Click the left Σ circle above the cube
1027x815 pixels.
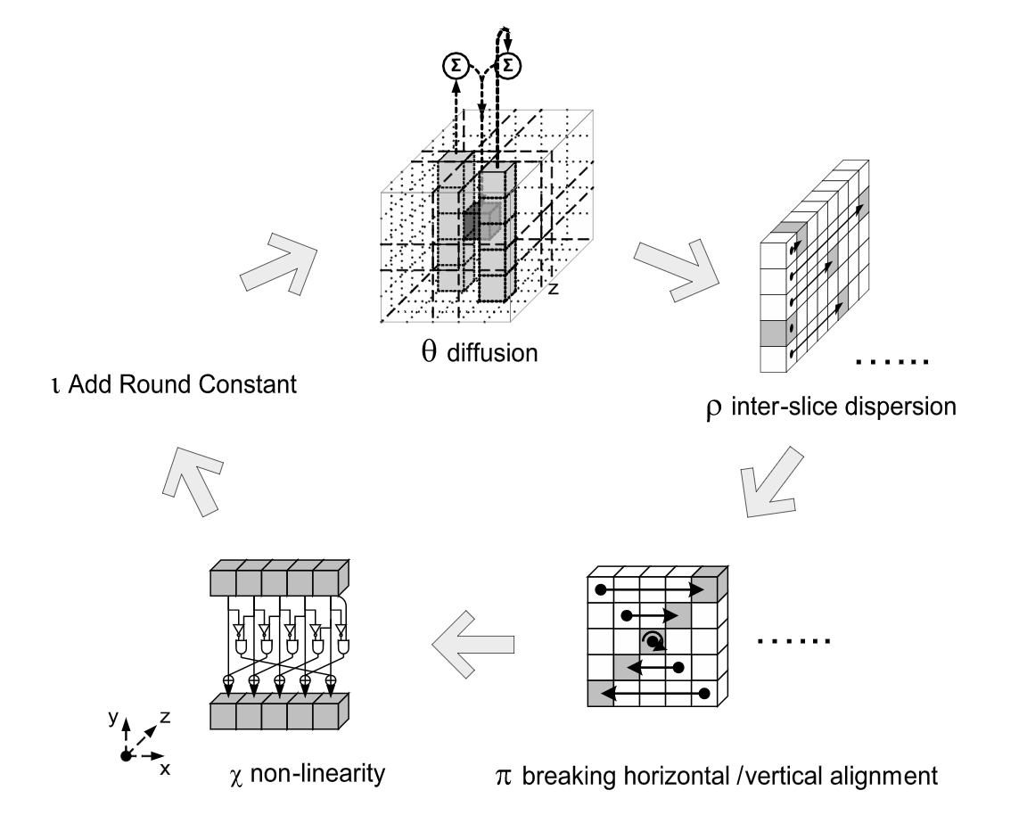[x=455, y=64]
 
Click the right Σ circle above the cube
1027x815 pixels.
[x=510, y=64]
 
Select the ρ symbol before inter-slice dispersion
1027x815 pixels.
[x=711, y=409]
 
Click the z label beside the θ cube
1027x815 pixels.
[x=553, y=289]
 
